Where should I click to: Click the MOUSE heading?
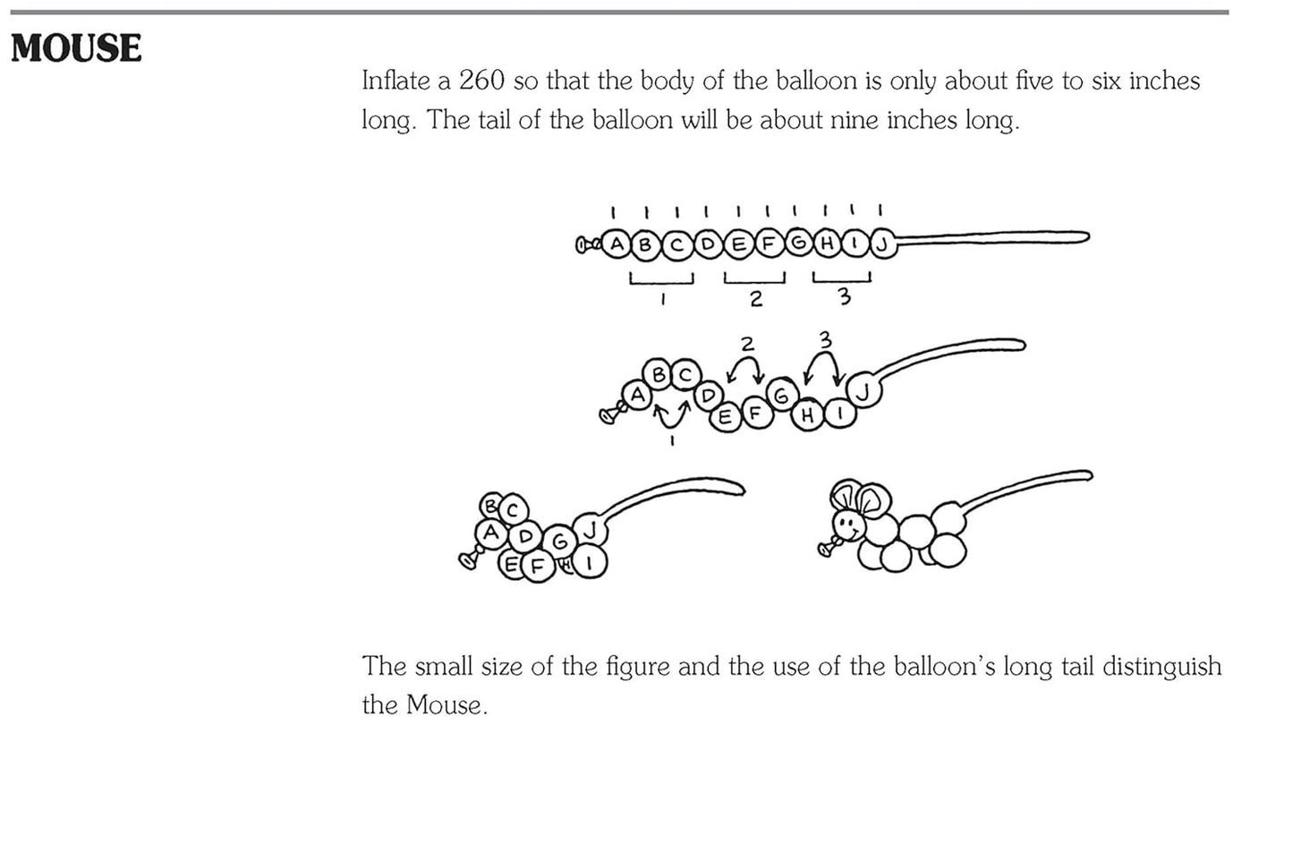pos(76,47)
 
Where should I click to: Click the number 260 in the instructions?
pos(482,81)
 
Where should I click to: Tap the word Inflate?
pos(396,81)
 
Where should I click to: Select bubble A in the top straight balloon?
pos(617,244)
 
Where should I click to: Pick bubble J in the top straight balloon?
pos(881,245)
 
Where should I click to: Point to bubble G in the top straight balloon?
pos(798,243)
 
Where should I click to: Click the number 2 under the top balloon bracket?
pos(755,299)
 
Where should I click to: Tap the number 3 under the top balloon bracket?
pos(845,296)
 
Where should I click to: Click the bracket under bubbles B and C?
pos(661,279)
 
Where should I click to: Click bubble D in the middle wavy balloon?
pos(709,396)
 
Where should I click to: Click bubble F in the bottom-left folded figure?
pos(538,566)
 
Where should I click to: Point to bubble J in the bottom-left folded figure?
pos(590,529)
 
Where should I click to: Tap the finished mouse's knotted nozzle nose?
pos(827,548)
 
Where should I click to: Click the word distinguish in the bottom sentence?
pos(1162,667)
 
